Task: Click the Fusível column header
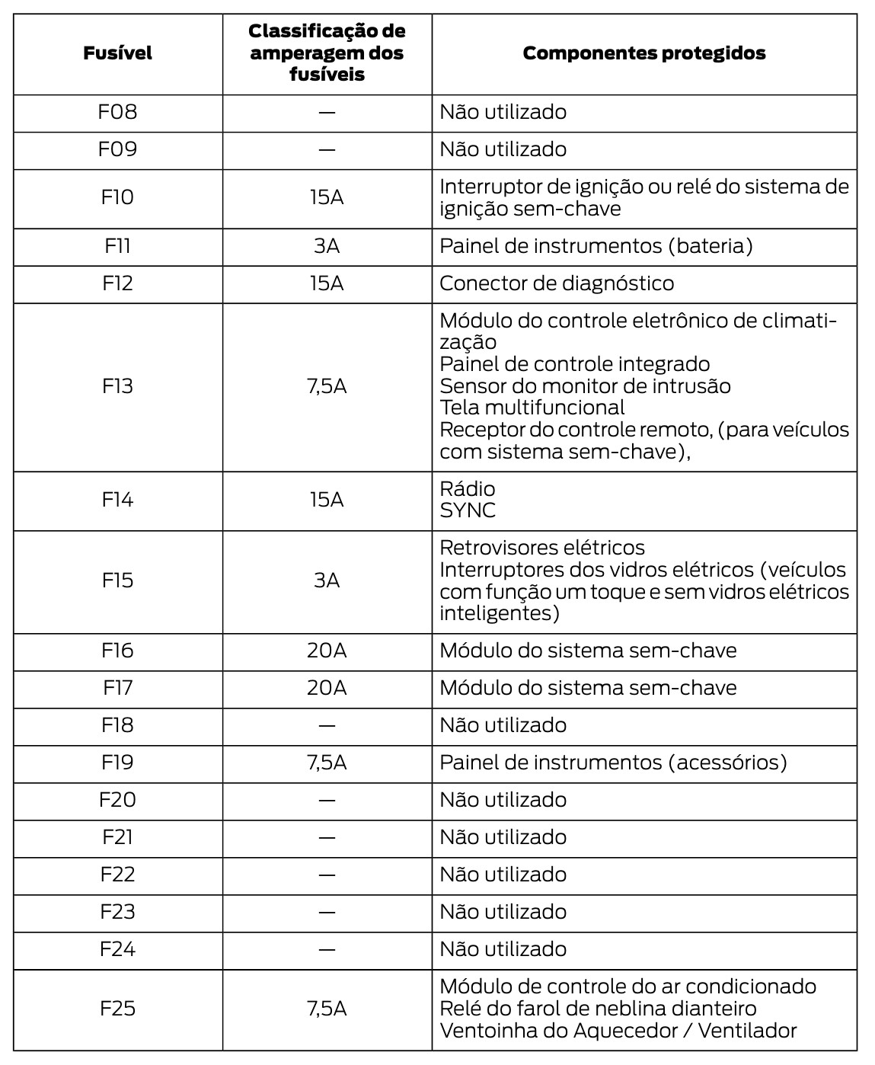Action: click(x=117, y=53)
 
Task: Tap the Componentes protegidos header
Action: click(x=643, y=53)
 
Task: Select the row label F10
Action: click(x=117, y=198)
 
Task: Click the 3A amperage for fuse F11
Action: click(x=327, y=246)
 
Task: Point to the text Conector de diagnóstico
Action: click(x=557, y=283)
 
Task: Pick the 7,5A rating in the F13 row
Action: click(x=327, y=386)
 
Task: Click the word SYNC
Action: click(x=468, y=510)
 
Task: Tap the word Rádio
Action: click(x=468, y=488)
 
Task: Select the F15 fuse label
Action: click(x=117, y=580)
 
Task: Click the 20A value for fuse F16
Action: click(x=327, y=651)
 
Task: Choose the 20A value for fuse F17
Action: click(x=327, y=688)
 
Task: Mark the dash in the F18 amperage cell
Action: click(x=327, y=725)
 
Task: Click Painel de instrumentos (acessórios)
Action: click(x=613, y=763)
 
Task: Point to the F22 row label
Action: click(x=117, y=875)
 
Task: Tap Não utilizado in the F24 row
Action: click(x=503, y=949)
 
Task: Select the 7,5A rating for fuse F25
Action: click(x=327, y=1009)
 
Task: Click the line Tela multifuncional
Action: click(x=532, y=408)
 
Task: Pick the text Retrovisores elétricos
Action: click(x=542, y=548)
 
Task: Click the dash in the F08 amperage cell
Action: click(x=327, y=113)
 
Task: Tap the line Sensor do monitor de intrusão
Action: click(x=585, y=386)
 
